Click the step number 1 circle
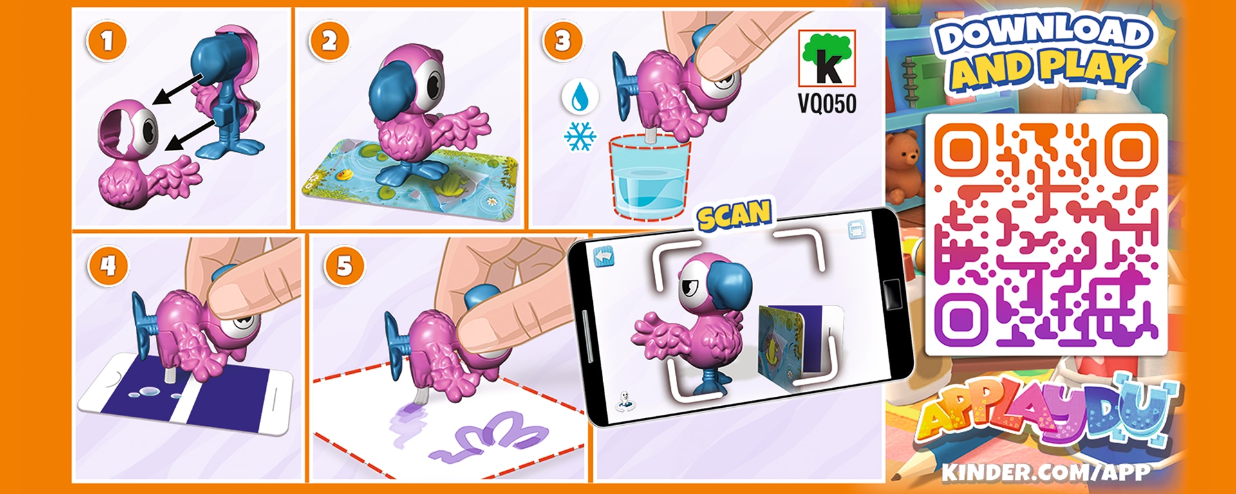coord(107,41)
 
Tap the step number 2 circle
coord(329,41)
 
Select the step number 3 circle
coord(563,41)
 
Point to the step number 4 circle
coord(108,265)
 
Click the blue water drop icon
coord(580,97)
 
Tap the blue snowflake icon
coord(580,136)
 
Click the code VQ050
coord(827,103)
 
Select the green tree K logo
coord(827,59)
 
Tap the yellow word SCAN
coord(735,215)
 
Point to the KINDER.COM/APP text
coord(1045,472)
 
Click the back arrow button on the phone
coord(604,257)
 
